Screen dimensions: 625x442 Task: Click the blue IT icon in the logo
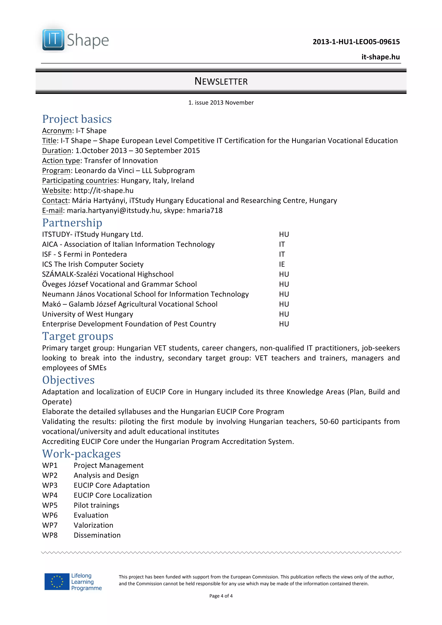click(x=53, y=40)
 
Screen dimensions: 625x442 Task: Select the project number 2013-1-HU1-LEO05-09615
click(x=356, y=42)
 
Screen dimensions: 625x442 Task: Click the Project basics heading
click(x=77, y=119)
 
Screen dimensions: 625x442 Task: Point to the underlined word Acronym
click(x=57, y=131)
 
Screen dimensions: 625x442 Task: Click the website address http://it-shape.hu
click(x=104, y=191)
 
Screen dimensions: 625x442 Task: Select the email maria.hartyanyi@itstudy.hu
click(x=113, y=210)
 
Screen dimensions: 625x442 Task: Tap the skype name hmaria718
click(x=205, y=210)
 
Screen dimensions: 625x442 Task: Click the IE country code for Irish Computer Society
click(x=282, y=264)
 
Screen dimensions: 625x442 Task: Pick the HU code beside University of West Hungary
click(x=284, y=314)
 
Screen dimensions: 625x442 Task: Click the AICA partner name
click(x=50, y=244)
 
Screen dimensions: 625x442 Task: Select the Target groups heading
click(x=78, y=336)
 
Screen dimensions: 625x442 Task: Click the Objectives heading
click(x=68, y=380)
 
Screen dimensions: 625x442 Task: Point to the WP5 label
click(x=50, y=505)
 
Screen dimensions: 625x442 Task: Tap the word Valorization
click(x=93, y=525)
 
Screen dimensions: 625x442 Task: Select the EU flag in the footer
click(x=57, y=582)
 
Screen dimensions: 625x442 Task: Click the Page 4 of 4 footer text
click(x=221, y=596)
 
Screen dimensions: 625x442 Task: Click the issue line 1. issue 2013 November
click(x=221, y=103)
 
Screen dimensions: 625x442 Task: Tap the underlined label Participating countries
click(x=79, y=181)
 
